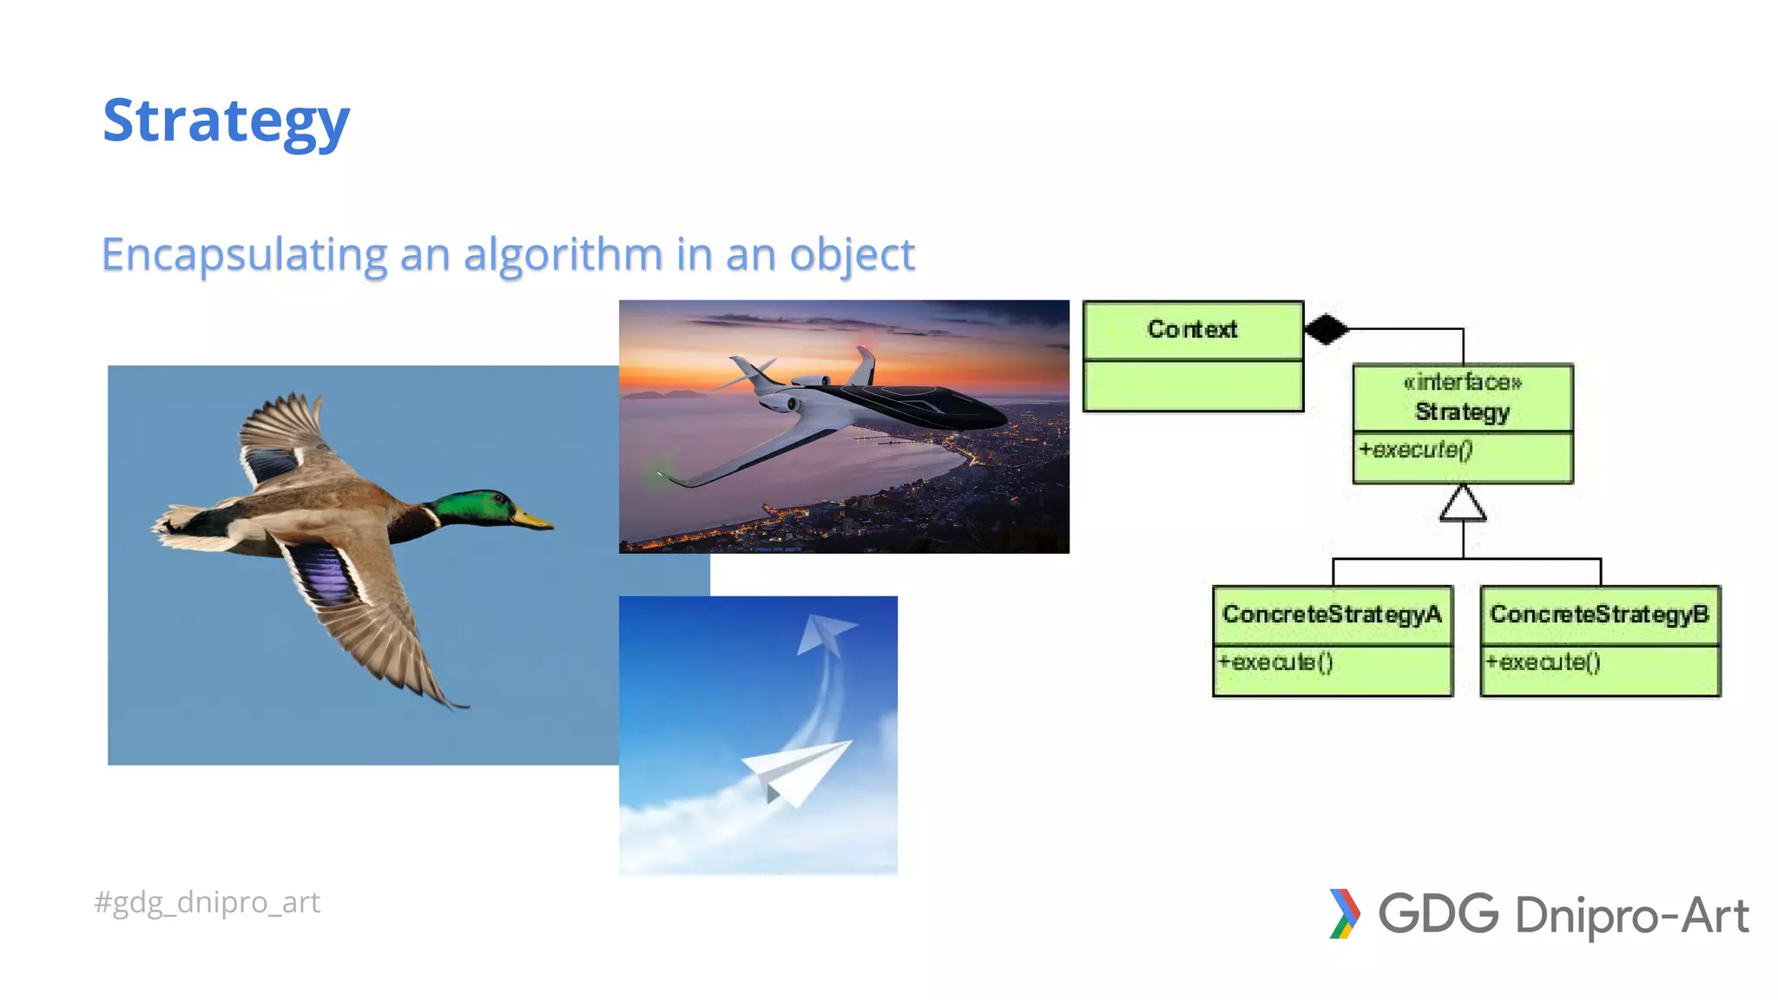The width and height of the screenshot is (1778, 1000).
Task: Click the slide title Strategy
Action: point(226,122)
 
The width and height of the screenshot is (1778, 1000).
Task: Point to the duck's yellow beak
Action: point(532,520)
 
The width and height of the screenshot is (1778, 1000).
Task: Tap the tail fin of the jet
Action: point(864,365)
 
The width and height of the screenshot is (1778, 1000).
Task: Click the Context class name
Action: point(1192,330)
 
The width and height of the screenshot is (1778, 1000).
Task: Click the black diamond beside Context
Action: point(1326,329)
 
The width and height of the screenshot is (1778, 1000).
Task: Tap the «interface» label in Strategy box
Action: point(1463,382)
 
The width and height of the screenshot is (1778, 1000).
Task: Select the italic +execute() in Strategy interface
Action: point(1416,450)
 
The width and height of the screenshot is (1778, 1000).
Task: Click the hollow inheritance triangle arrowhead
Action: point(1463,504)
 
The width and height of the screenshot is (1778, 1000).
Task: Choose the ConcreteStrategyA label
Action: point(1332,615)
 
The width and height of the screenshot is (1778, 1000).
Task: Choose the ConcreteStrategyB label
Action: point(1599,615)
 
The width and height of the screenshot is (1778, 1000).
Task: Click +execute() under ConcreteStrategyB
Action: point(1543,662)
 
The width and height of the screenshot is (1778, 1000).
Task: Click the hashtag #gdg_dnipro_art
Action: point(207,903)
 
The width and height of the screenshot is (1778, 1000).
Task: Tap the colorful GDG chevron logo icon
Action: point(1344,914)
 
